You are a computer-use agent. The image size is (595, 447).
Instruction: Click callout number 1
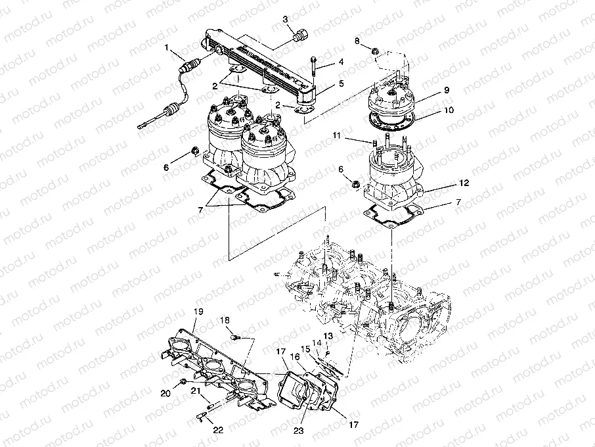click(167, 47)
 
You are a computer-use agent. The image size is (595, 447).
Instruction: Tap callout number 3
click(286, 20)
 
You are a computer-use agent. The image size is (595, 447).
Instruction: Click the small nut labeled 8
click(373, 51)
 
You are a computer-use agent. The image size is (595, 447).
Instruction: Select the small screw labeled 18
click(237, 337)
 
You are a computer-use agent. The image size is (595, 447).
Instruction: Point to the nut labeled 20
click(183, 382)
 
